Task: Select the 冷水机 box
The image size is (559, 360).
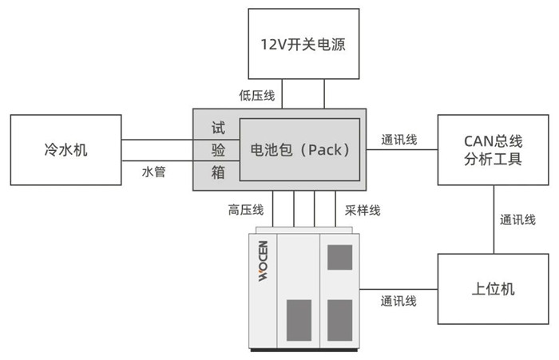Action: click(65, 148)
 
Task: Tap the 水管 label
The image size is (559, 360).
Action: click(153, 172)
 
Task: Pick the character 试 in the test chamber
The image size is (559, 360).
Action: click(218, 128)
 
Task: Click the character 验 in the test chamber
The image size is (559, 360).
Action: click(218, 149)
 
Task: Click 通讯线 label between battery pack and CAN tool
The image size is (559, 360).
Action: click(399, 140)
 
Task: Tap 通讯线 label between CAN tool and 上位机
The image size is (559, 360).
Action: click(517, 220)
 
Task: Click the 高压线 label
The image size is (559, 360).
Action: click(245, 210)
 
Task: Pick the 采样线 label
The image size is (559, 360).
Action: click(363, 210)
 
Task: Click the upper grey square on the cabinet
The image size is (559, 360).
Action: click(339, 256)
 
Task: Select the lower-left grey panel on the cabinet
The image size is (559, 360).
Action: click(299, 317)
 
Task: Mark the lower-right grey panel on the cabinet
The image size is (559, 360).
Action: click(339, 317)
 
